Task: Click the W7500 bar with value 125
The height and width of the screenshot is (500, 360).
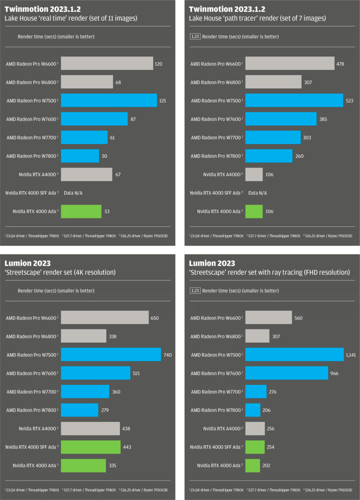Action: pyautogui.click(x=109, y=100)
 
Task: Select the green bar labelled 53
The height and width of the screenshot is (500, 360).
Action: pyautogui.click(x=81, y=211)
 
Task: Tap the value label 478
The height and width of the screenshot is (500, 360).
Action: pyautogui.click(x=340, y=64)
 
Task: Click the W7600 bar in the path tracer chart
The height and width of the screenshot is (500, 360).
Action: pyautogui.click(x=281, y=119)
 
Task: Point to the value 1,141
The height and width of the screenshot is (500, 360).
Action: pyautogui.click(x=351, y=355)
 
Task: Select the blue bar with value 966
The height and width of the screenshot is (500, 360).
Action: pyautogui.click(x=286, y=373)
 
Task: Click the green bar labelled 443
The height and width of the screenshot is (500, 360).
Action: pyautogui.click(x=90, y=447)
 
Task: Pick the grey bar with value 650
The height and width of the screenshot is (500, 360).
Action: pyautogui.click(x=104, y=317)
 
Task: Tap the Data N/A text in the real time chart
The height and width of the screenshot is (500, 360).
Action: pyautogui.click(x=73, y=193)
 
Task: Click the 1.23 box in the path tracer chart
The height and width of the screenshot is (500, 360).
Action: pyautogui.click(x=195, y=36)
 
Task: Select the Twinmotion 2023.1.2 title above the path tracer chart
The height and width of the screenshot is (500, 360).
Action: pyautogui.click(x=227, y=9)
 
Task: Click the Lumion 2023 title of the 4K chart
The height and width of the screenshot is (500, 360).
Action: pyautogui.click(x=28, y=263)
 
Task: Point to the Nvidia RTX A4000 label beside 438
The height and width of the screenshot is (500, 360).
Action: pyautogui.click(x=37, y=429)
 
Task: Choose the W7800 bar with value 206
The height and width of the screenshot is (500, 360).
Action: pyautogui.click(x=253, y=410)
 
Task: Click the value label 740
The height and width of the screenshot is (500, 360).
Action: pyautogui.click(x=168, y=355)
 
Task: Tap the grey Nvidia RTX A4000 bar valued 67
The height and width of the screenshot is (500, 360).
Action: pyautogui.click(x=86, y=174)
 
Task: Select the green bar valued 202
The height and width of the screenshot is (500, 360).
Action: pyautogui.click(x=253, y=465)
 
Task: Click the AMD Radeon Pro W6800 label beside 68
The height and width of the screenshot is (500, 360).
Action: pyautogui.click(x=31, y=83)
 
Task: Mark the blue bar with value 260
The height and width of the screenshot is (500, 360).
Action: pyautogui.click(x=269, y=156)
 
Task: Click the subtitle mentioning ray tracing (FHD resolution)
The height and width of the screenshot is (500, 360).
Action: pyautogui.click(x=269, y=272)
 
